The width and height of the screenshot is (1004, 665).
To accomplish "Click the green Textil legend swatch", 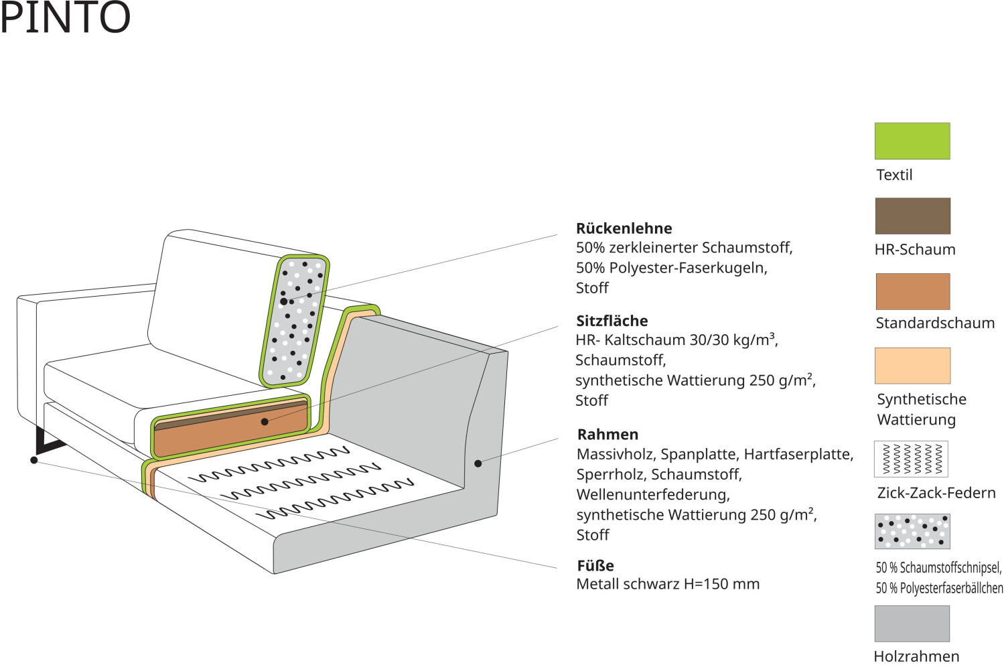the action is pos(912,141).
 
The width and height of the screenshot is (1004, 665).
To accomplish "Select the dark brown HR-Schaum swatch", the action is pos(912,216).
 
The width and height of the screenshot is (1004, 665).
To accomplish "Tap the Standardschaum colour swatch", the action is pos(912,291).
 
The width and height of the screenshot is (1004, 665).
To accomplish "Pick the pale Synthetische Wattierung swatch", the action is pos(912,366).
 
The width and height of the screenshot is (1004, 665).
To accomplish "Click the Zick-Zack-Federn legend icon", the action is pos(911,459).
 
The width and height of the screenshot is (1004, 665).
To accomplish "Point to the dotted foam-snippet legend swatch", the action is pos(912,532).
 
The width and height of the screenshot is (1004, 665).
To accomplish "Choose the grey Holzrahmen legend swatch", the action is pos(912,623).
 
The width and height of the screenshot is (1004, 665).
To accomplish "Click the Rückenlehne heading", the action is pos(624,228).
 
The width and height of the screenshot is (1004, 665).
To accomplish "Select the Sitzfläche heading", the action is pos(612,321).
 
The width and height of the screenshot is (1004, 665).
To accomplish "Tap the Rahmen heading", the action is pos(607,434).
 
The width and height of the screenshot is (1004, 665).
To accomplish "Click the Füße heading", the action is pos(595,565).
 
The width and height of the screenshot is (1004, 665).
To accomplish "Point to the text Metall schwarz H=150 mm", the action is pos(668,585).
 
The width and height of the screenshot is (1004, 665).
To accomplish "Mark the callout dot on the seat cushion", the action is pos(265,422).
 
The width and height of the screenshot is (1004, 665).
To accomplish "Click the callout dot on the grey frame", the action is pos(478,463).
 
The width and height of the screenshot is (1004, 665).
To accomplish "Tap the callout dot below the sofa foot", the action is pos(33,460).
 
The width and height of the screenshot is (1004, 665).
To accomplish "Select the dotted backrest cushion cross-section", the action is pos(295,321).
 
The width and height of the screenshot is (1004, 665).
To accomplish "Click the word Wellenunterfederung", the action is pos(652,495).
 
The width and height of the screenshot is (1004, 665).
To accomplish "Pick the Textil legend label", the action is pos(894,175).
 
